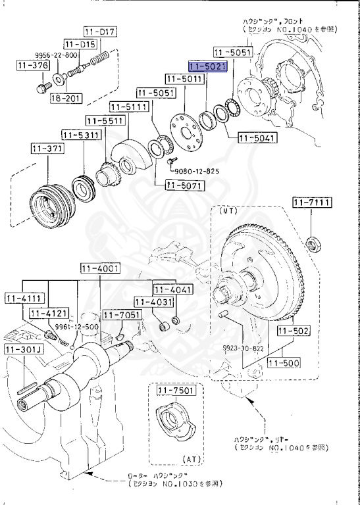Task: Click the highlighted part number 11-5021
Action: tap(207, 67)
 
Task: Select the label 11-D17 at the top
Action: tap(100, 32)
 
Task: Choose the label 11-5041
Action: tap(257, 139)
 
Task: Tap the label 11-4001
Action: tap(100, 268)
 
